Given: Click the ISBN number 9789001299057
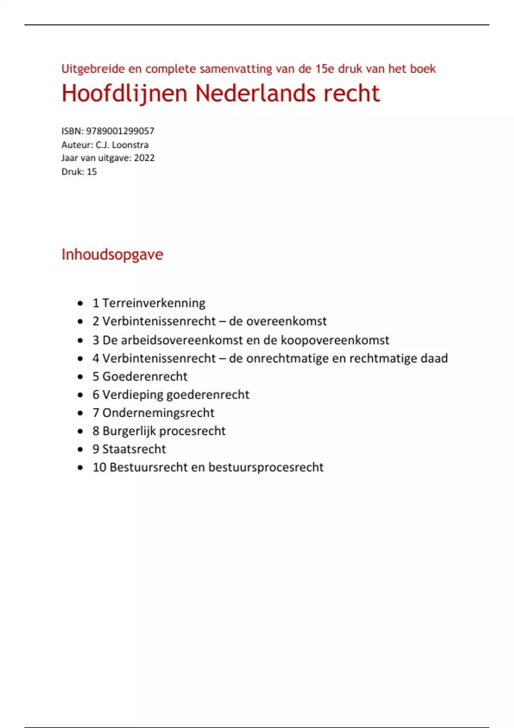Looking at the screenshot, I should [120, 131].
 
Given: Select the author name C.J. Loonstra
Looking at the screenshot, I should [122, 145].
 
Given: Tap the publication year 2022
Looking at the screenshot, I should [144, 158].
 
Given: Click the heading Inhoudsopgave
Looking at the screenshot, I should [112, 254].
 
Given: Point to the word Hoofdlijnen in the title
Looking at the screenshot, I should [125, 93].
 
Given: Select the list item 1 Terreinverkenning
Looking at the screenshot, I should [149, 303].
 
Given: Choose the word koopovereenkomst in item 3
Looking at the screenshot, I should [335, 340].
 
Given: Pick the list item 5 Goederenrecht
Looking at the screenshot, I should [140, 376].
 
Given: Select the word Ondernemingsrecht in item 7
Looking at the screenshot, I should [158, 413].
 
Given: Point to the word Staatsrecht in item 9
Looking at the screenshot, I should [134, 449].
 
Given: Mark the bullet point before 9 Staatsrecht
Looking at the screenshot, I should [80, 450].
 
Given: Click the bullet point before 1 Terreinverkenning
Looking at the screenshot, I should [80, 304].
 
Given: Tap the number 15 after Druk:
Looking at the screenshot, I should [92, 172].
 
